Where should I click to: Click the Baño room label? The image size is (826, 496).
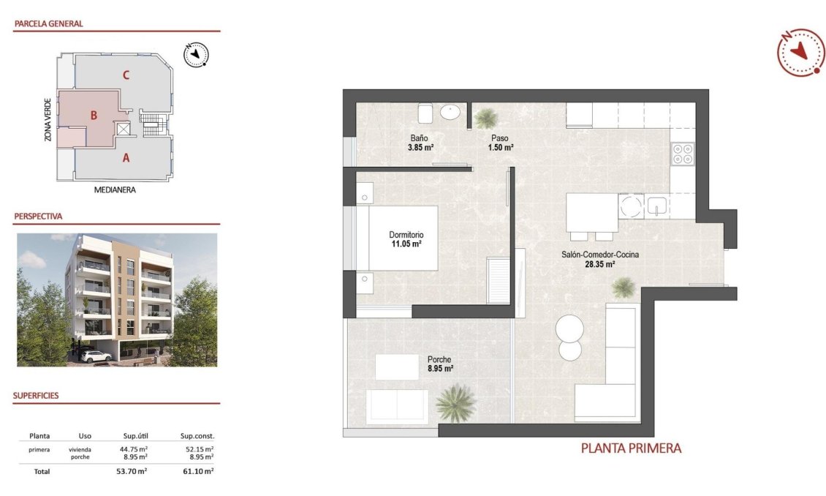click(419, 138)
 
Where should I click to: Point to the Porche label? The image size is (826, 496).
click(439, 359)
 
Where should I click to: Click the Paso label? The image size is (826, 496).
click(500, 138)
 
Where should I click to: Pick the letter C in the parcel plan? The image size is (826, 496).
click(126, 75)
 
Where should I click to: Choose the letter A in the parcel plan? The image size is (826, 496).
click(126, 157)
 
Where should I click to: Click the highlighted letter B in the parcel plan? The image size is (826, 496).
click(94, 115)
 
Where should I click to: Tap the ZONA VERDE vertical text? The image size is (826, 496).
click(48, 119)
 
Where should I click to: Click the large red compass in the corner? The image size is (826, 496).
click(801, 51)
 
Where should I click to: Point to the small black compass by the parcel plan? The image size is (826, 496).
click(196, 55)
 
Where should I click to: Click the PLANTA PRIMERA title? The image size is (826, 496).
click(631, 448)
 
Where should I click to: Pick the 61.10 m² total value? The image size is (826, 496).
click(198, 472)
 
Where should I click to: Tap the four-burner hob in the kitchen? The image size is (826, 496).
click(683, 152)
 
